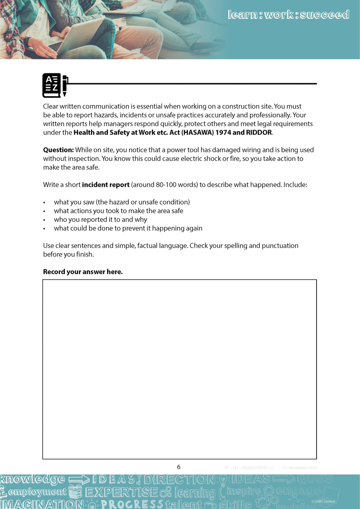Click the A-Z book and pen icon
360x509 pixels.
[x=55, y=85]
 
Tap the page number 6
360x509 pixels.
[x=179, y=467]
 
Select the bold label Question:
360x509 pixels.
[x=58, y=150]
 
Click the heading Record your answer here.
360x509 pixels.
[x=83, y=271]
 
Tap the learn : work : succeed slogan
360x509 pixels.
[x=288, y=15]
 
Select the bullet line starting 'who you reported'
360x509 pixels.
[x=100, y=220]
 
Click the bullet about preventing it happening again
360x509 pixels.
[x=128, y=228]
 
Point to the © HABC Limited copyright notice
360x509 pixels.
[x=323, y=501]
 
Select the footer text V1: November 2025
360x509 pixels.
[x=300, y=468]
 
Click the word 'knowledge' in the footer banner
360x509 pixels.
[x=32, y=480]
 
